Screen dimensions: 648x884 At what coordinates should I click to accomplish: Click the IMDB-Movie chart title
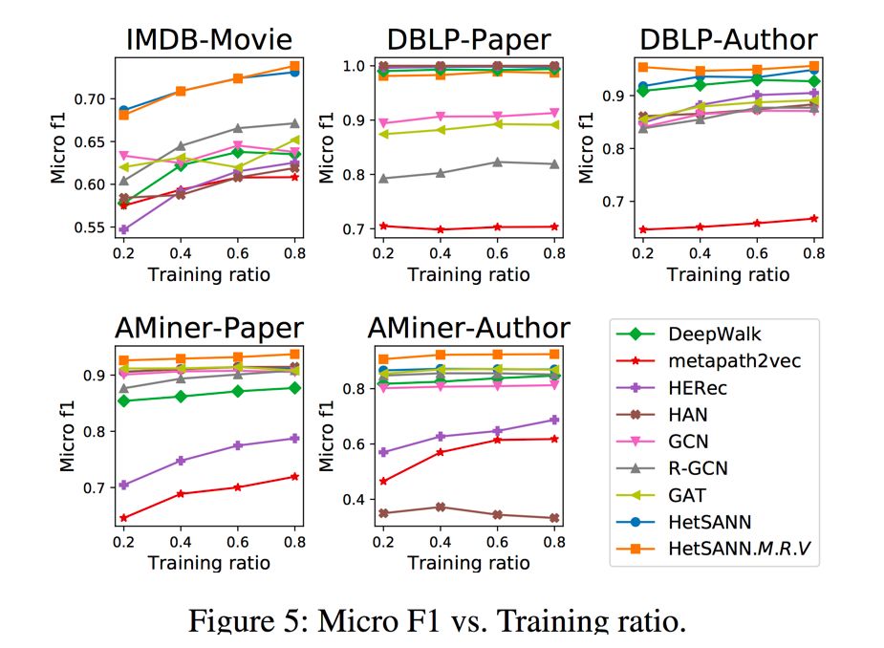[x=209, y=39]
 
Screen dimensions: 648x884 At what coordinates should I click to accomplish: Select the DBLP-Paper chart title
[x=468, y=39]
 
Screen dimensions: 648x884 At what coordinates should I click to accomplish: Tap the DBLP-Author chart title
[x=728, y=39]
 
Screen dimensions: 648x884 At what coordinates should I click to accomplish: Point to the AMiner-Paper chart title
[x=209, y=329]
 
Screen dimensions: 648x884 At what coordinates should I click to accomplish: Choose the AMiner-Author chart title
[x=468, y=329]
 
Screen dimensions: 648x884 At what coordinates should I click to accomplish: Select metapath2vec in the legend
[x=734, y=361]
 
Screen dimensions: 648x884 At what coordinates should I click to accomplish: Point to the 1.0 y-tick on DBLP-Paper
[x=356, y=66]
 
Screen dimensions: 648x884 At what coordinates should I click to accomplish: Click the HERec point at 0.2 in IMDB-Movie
[x=123, y=229]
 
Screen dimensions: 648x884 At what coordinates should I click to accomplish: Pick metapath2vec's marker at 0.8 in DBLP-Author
[x=813, y=218]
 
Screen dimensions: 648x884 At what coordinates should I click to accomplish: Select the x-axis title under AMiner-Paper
[x=208, y=563]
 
